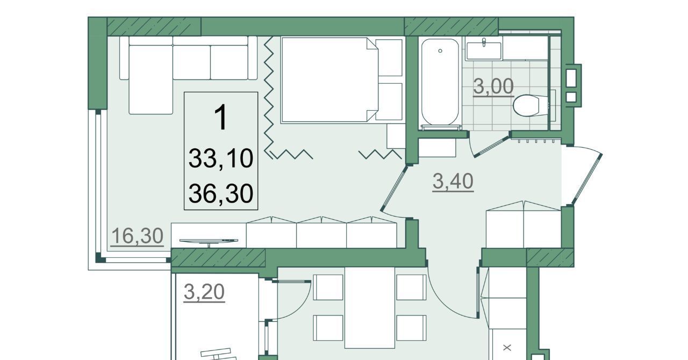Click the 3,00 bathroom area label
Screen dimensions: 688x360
coord(493,87)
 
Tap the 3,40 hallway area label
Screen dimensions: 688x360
coord(453,181)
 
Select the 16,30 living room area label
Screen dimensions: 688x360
coord(137,236)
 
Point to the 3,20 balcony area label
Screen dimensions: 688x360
coord(204,292)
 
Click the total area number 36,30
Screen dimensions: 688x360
coord(221,193)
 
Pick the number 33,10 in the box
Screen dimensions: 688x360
coord(221,158)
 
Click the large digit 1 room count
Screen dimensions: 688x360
coord(221,117)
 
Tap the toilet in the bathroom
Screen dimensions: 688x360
coord(531,105)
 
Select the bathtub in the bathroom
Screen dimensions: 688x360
coord(440,82)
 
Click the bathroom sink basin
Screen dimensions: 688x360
coord(484,51)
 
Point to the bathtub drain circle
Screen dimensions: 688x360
coord(440,51)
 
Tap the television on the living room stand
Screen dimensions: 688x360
coord(209,241)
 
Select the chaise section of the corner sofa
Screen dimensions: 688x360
coord(150,80)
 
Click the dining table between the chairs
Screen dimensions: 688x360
coord(369,307)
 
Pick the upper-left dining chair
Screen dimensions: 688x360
coord(328,287)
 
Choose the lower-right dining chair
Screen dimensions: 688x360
coord(411,328)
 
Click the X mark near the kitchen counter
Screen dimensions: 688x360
coord(507,348)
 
